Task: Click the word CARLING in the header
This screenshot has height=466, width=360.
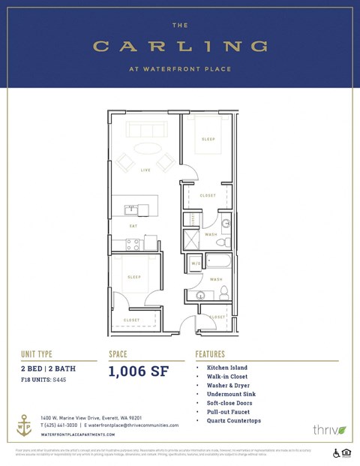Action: pyautogui.click(x=180, y=47)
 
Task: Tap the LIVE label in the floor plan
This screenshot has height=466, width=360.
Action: pyautogui.click(x=145, y=170)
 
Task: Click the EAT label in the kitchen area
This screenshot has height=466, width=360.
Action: pyautogui.click(x=134, y=225)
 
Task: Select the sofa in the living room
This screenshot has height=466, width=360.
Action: pyautogui.click(x=147, y=129)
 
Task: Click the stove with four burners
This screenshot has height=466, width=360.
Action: pyautogui.click(x=133, y=244)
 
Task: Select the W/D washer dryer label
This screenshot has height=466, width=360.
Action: pyautogui.click(x=195, y=263)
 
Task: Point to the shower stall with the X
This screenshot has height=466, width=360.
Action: pyautogui.click(x=192, y=240)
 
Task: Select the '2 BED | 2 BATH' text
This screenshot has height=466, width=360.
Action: pyautogui.click(x=48, y=369)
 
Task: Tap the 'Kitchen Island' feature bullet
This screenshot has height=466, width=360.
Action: pyautogui.click(x=227, y=368)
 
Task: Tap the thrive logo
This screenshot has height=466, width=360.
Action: pyautogui.click(x=328, y=430)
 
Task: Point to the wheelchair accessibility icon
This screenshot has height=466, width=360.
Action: pyautogui.click(x=335, y=452)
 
